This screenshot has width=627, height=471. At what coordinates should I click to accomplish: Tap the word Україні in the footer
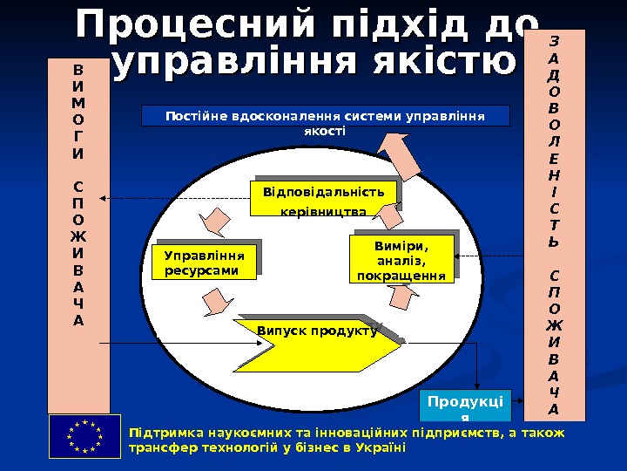pos(382,447)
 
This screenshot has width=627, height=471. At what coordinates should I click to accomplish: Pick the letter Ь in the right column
pos(556,242)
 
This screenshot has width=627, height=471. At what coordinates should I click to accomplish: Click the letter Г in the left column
pos(79,137)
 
